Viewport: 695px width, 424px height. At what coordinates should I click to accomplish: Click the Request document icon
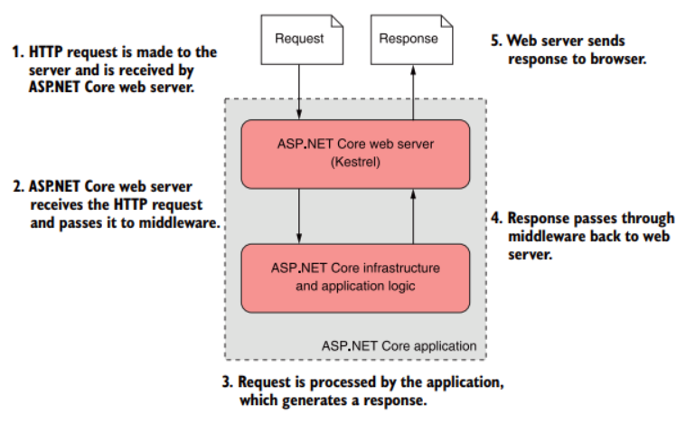click(298, 39)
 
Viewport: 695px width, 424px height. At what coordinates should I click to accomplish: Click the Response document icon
click(409, 39)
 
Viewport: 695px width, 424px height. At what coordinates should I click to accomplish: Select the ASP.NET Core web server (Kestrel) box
click(355, 153)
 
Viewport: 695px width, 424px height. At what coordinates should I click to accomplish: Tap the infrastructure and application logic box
click(355, 277)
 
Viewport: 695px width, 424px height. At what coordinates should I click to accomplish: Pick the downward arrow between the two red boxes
click(298, 215)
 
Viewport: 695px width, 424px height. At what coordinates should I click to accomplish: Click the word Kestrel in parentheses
click(355, 164)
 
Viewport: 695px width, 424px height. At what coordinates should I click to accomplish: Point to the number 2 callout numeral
click(18, 187)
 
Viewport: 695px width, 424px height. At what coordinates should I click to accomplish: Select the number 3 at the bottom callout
click(228, 382)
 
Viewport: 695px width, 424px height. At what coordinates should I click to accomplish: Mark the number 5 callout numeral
click(495, 41)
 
